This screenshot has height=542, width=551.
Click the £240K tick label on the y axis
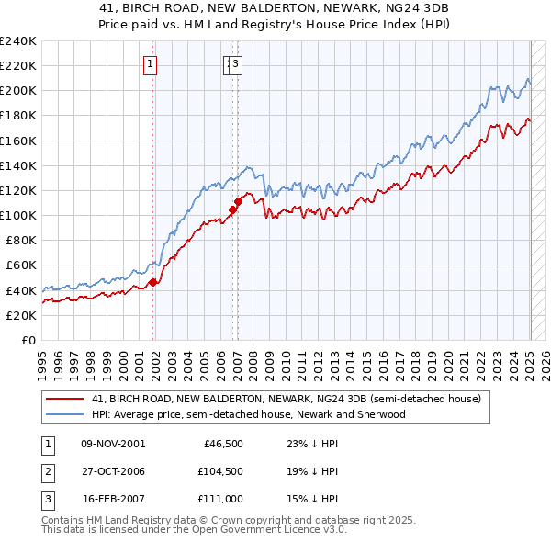coord(18,41)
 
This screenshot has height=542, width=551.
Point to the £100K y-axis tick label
coord(18,215)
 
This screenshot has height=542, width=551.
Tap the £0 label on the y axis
coord(29,340)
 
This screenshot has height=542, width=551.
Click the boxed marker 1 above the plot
coord(150,63)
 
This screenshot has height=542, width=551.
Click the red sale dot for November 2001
coord(153,282)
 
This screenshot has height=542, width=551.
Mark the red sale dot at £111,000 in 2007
coord(238,201)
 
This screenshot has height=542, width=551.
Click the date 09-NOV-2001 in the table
coord(112,444)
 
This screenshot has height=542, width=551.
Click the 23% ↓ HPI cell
coord(312,444)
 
